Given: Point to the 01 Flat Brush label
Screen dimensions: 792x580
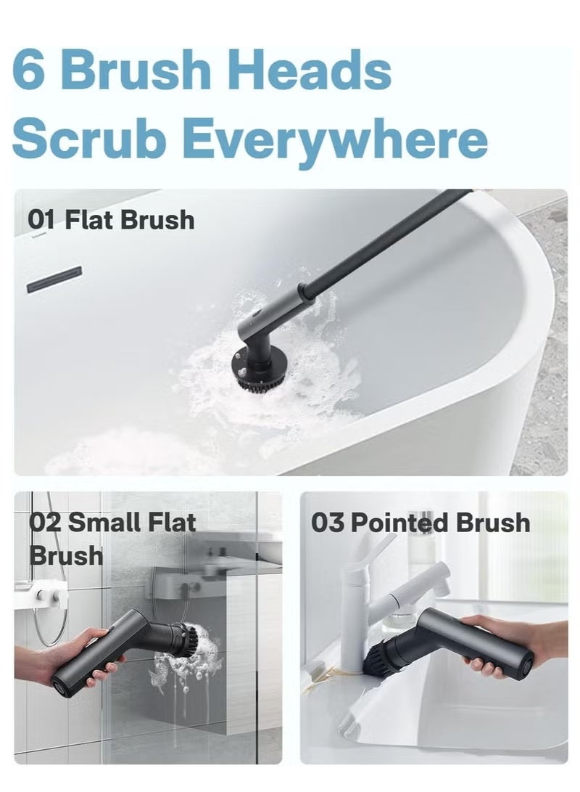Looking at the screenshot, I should (x=111, y=219).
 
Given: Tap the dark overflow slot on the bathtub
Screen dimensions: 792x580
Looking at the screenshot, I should (x=54, y=279).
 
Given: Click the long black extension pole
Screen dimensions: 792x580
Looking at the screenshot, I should (x=384, y=242).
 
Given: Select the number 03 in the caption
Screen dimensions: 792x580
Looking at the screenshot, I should (x=328, y=522).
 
